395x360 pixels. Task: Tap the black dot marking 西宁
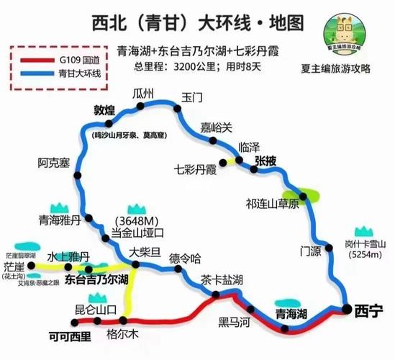point(347,310)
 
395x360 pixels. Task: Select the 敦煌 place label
point(105,111)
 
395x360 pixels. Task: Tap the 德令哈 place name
point(184,257)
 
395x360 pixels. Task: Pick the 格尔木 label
point(120,334)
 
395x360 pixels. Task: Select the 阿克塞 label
point(54,163)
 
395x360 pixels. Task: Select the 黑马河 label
point(235,323)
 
